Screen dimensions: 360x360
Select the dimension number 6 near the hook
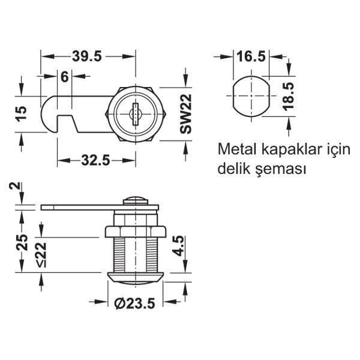click(64, 77)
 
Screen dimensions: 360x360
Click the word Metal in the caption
click(236, 149)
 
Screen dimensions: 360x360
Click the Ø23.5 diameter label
click(134, 304)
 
